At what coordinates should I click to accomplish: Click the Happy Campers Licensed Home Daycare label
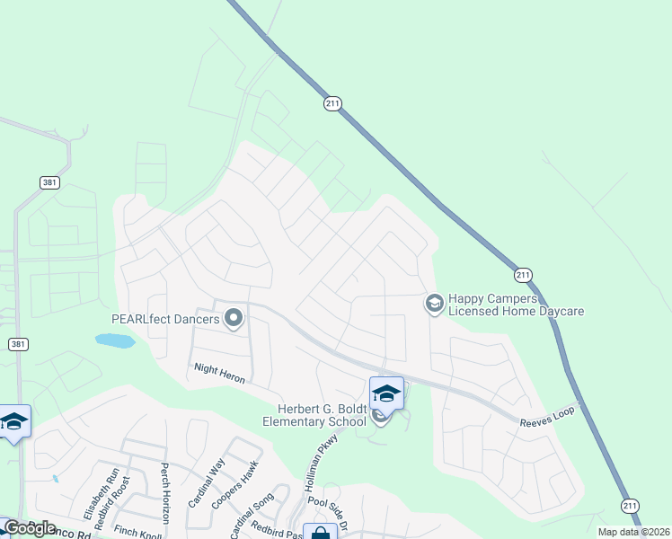(x=516, y=305)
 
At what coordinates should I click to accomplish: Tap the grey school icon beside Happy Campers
(x=434, y=305)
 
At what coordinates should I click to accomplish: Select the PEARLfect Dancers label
(x=165, y=318)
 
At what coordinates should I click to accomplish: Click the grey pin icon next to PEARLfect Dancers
(x=234, y=318)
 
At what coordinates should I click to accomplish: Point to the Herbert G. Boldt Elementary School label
(x=314, y=414)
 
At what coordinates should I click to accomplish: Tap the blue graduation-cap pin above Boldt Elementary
(x=386, y=393)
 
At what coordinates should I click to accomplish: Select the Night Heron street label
(x=219, y=372)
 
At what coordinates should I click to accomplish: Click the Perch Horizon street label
(x=165, y=494)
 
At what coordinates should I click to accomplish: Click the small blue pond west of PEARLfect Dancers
(x=115, y=340)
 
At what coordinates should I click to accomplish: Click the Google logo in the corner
(x=29, y=528)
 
